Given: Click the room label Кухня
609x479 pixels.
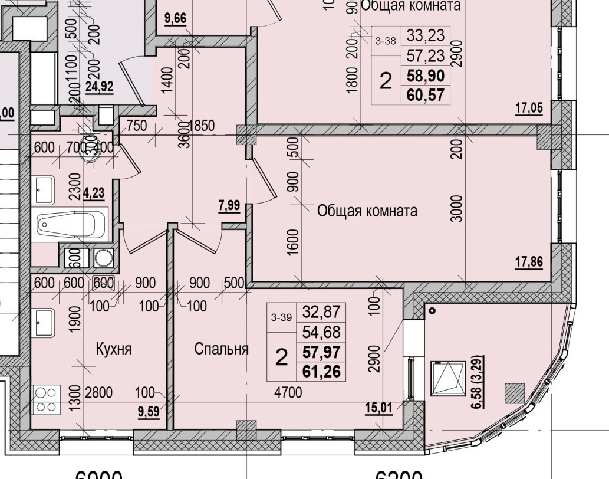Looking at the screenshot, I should [x=113, y=349].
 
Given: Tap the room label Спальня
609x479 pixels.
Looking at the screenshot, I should [x=221, y=349].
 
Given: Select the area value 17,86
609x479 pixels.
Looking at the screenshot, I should [x=529, y=263].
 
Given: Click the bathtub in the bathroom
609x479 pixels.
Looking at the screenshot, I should [x=71, y=225].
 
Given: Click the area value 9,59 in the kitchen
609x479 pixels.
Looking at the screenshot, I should [x=149, y=412].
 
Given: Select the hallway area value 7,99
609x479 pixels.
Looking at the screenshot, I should [x=229, y=205].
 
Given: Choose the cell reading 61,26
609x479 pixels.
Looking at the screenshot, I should [x=322, y=370].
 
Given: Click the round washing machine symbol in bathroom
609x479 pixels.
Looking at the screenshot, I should [x=104, y=258].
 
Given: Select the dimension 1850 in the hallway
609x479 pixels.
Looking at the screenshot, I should [x=202, y=125].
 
